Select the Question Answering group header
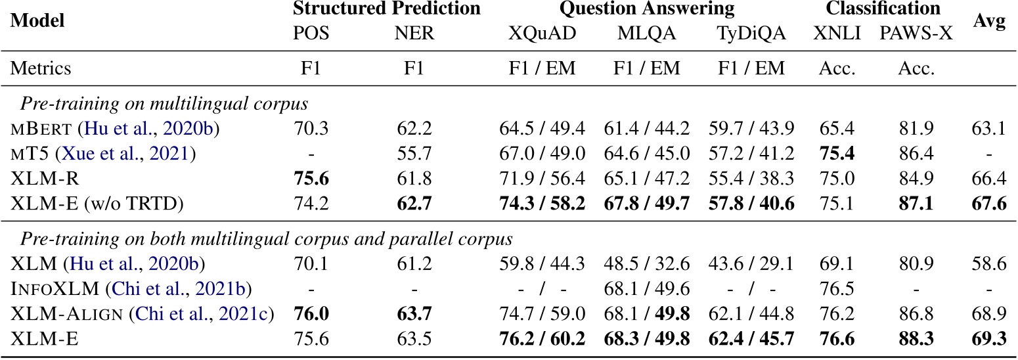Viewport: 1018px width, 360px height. (646, 9)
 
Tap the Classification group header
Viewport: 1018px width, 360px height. (883, 9)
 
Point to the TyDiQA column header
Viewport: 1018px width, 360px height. (753, 34)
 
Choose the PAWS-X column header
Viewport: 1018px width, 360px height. (916, 34)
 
